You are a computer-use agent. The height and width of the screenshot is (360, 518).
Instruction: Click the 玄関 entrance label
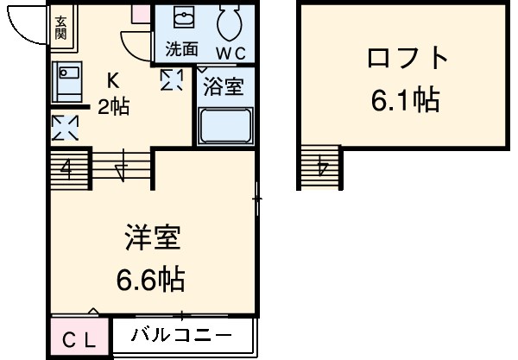coord(60,28)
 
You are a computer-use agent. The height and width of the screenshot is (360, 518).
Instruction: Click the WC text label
coord(231,52)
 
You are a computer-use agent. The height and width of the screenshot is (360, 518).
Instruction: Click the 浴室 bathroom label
coord(223,87)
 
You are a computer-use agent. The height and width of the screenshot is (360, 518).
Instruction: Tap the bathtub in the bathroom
coord(224,126)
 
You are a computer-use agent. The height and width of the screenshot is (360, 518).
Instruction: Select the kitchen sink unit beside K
coord(66,83)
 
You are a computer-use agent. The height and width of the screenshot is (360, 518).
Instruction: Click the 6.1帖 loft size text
coord(406,100)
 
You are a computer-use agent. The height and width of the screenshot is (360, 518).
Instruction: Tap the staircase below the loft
coord(321,163)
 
